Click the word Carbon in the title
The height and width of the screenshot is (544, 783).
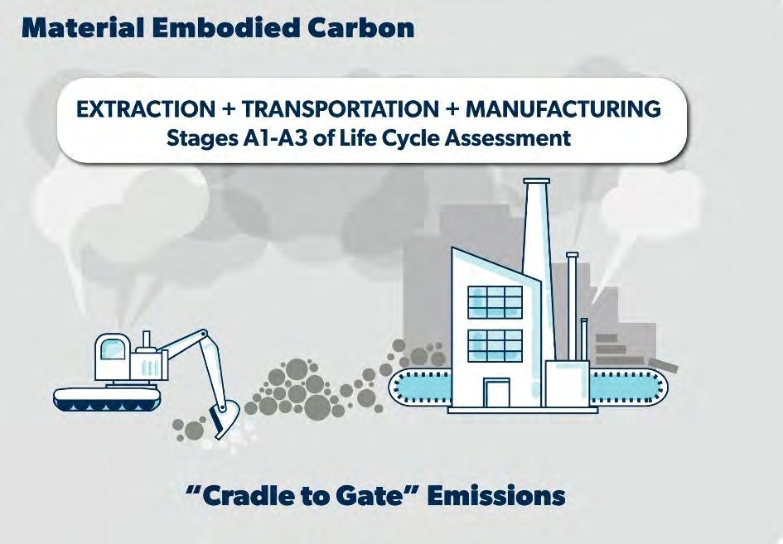pyautogui.click(x=361, y=28)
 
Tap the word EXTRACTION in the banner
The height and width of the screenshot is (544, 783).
pyautogui.click(x=145, y=108)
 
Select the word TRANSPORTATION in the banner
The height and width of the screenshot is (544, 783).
pyautogui.click(x=341, y=108)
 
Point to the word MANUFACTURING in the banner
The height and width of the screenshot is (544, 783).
pyautogui.click(x=563, y=108)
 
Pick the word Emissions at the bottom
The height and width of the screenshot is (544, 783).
pyautogui.click(x=496, y=496)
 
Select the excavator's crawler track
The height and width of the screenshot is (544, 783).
pyautogui.click(x=108, y=400)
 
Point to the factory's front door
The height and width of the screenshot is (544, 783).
pyautogui.click(x=496, y=392)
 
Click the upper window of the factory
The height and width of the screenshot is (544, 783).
pyautogui.click(x=495, y=302)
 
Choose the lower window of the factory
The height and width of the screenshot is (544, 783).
pyautogui.click(x=495, y=346)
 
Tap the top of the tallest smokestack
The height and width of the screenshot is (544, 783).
pyautogui.click(x=537, y=181)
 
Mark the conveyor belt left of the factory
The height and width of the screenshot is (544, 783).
pyautogui.click(x=420, y=387)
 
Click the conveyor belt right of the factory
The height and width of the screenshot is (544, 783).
pyautogui.click(x=629, y=387)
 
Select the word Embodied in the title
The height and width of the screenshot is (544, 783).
pyautogui.click(x=230, y=28)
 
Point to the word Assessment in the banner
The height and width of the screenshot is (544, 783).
pyautogui.click(x=508, y=137)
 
